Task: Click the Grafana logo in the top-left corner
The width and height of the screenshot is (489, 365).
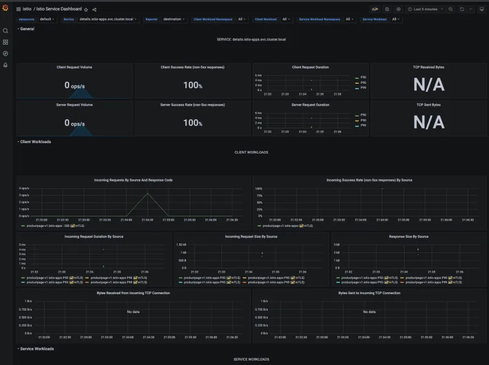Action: [6, 9]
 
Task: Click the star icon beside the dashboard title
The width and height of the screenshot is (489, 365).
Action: [86, 10]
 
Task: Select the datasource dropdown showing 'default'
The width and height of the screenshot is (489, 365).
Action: [47, 19]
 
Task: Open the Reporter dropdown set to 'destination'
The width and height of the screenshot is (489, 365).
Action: [174, 19]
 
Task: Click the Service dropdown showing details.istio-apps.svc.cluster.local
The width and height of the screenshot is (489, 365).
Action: [108, 19]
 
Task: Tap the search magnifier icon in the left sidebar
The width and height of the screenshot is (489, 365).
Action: [6, 31]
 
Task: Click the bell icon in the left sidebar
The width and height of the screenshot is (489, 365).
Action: [6, 65]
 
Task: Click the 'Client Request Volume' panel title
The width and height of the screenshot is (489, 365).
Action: [75, 67]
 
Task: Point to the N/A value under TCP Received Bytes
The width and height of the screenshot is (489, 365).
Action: [428, 84]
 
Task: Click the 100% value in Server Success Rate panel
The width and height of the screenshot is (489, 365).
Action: [193, 123]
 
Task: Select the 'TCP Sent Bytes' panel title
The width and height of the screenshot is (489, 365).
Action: [428, 105]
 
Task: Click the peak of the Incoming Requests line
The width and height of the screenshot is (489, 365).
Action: [147, 193]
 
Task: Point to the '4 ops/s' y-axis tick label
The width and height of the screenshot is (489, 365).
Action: [24, 188]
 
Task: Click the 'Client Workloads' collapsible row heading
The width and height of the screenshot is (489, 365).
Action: [35, 141]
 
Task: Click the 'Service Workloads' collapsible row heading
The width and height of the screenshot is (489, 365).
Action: [37, 348]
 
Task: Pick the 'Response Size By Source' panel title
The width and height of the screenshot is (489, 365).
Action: [408, 236]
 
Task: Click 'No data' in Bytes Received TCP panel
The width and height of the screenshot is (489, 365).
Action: [133, 312]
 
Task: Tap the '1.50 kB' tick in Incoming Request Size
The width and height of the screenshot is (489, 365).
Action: [181, 245]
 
